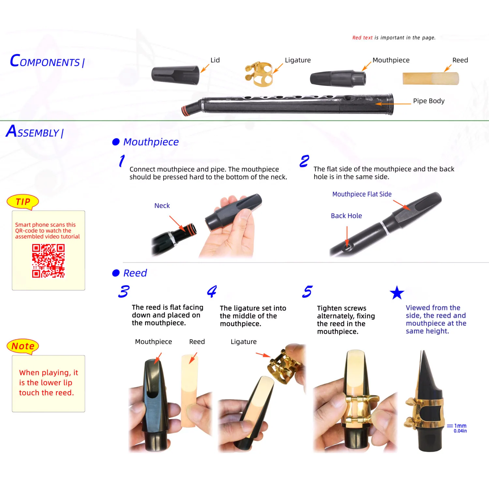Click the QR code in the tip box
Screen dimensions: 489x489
tap(48, 261)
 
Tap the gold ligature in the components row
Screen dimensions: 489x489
tap(259, 74)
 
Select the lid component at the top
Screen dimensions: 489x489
tap(175, 75)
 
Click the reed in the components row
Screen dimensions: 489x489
tap(431, 79)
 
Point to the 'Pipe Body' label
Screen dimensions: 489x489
tap(429, 101)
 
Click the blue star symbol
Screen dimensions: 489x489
tap(397, 293)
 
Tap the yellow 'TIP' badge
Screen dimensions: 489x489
tap(23, 202)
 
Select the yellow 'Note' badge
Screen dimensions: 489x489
tap(23, 346)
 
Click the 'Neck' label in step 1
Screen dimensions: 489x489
tap(162, 206)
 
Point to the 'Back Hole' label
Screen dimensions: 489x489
tap(346, 216)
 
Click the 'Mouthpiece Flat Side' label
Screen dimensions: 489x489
tap(362, 194)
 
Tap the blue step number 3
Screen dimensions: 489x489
tap(124, 291)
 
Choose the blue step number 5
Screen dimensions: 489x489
tap(307, 291)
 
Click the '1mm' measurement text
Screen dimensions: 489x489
tap(460, 426)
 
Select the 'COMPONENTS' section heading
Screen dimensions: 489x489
tap(47, 61)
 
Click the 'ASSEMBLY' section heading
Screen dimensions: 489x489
tap(35, 132)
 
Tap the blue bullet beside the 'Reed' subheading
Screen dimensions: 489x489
tap(116, 273)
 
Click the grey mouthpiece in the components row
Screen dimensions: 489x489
tap(338, 79)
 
